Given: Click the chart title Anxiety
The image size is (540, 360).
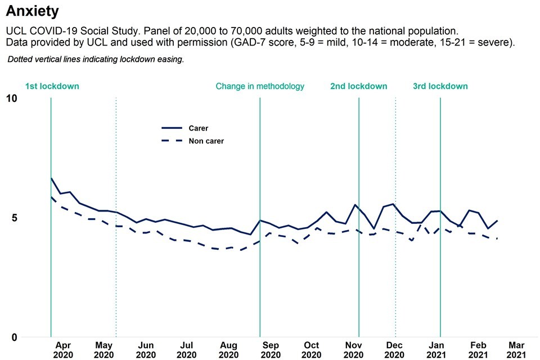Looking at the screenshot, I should pos(31,11).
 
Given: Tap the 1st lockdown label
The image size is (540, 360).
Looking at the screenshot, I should pos(52,86).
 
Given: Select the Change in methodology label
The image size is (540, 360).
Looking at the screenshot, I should pos(260,86).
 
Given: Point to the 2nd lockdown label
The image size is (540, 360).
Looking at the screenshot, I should pos(358,86).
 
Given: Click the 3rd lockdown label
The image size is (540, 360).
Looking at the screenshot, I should pos(440,86).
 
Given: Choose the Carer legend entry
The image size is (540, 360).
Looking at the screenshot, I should pos(198,128).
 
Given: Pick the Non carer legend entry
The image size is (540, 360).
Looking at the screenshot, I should pos(206,141).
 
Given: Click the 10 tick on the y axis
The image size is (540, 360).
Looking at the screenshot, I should pos(11,98).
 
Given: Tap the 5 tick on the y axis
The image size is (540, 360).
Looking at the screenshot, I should pos(14,218).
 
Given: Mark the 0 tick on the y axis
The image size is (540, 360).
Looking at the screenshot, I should pos(14,337).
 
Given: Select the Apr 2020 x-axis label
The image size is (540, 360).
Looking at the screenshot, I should pos(62,350).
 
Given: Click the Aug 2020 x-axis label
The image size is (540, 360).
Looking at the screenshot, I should pos(229,350).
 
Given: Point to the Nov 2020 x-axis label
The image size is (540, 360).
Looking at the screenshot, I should pos(353,350).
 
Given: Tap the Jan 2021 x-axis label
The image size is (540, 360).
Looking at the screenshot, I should pos(436,350).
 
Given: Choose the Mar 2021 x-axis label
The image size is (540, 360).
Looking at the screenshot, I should pos(517,350).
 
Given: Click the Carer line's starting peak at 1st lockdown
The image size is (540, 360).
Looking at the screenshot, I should pos(51,178).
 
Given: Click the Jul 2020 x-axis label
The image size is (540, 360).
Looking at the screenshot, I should pos(187,350).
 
